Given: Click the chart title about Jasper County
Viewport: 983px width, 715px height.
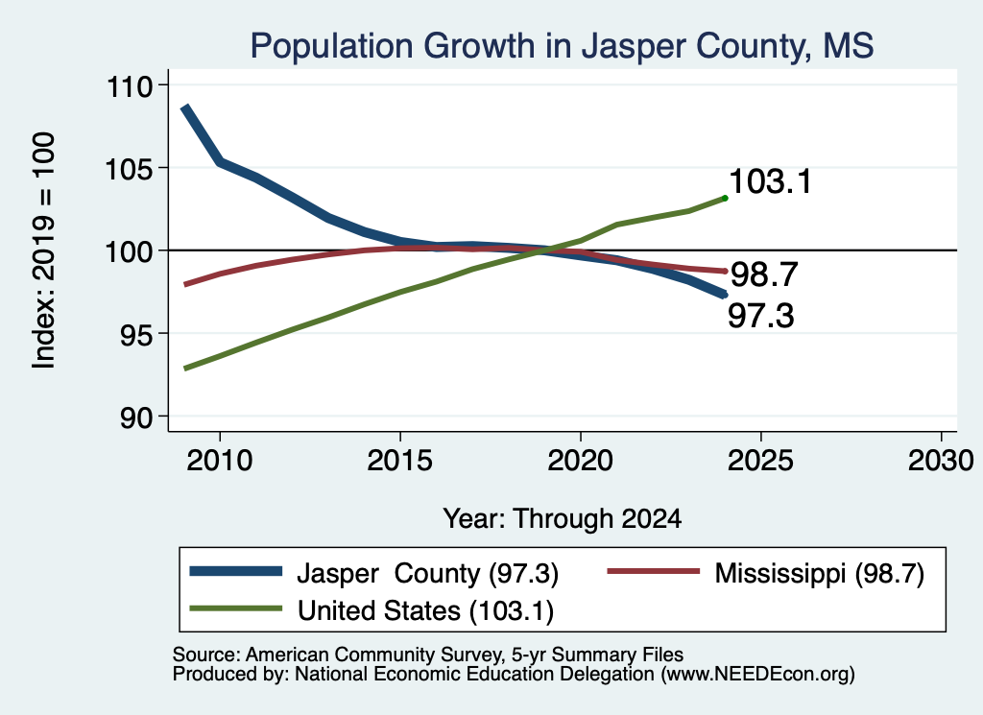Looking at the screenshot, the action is click(x=562, y=46).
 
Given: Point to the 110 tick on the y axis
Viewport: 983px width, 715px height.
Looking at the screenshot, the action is click(x=130, y=85).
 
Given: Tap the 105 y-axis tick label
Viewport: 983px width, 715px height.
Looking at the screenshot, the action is click(x=130, y=169).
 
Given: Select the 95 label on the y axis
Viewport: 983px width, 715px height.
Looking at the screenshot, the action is click(x=136, y=335).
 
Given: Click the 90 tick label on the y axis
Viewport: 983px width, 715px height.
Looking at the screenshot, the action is click(x=136, y=417).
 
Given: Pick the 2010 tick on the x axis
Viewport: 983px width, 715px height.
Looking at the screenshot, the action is click(x=220, y=461).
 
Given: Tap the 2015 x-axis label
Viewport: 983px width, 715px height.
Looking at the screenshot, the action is click(x=400, y=461).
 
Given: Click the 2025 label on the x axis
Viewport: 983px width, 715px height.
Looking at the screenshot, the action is click(x=760, y=461).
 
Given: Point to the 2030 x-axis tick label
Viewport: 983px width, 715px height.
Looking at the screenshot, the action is click(x=941, y=461).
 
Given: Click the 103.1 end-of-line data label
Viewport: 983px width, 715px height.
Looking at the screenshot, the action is click(x=771, y=181).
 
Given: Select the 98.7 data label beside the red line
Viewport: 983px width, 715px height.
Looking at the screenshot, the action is click(x=764, y=274).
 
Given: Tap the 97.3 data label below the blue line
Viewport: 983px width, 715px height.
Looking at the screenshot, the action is click(x=760, y=315).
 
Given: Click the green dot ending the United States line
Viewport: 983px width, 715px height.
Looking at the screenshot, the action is click(x=725, y=199).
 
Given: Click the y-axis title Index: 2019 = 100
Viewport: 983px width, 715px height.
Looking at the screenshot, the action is click(x=44, y=250).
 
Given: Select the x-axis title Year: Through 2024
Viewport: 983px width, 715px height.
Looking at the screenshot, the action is click(x=563, y=519).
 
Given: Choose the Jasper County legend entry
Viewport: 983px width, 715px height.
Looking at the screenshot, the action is click(x=373, y=573).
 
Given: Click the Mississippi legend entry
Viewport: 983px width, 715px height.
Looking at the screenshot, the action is click(x=766, y=573).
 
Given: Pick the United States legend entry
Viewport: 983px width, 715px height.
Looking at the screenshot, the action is click(x=372, y=610).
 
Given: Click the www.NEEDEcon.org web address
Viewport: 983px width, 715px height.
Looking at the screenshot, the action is click(x=757, y=675).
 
